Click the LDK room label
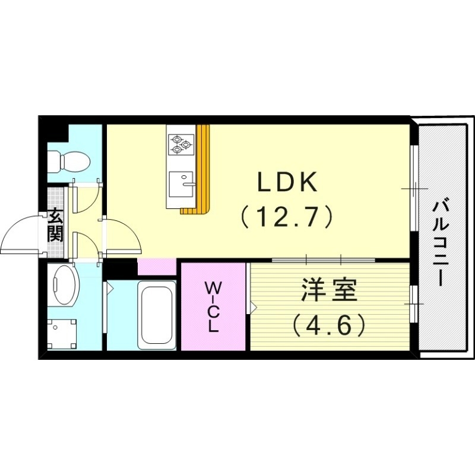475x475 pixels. click(288, 183)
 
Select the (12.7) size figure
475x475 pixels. click(287, 218)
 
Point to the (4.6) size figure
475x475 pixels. click(328, 324)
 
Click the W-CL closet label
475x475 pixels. click(213, 306)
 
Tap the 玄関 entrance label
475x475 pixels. click(55, 225)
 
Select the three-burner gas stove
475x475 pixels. click(180, 144)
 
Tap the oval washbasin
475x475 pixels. click(63, 284)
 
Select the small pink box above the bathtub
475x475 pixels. click(157, 267)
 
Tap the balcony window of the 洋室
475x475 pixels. click(414, 303)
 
